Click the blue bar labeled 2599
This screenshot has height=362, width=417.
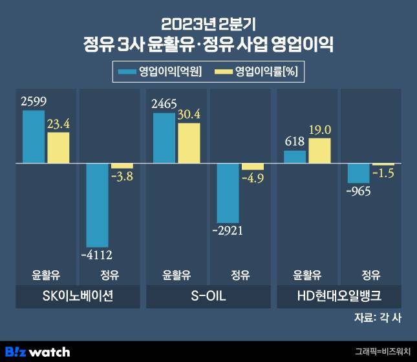click(34, 136)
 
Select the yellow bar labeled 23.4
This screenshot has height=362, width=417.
click(58, 147)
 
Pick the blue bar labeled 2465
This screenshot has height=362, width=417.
click(164, 138)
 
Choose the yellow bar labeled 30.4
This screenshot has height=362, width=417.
click(188, 143)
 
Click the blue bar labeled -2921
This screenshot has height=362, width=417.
click(229, 193)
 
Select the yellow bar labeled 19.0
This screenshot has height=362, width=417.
click(319, 151)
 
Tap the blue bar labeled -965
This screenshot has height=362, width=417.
click(359, 173)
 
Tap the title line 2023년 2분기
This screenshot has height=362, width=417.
click(208, 25)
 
